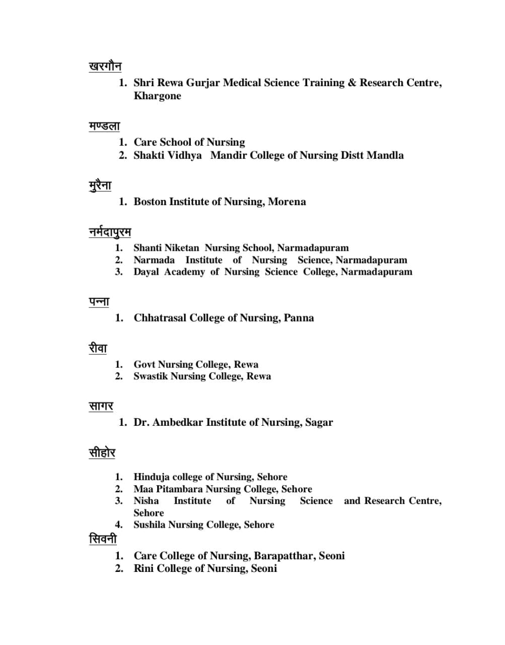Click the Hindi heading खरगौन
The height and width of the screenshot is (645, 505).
coord(105,67)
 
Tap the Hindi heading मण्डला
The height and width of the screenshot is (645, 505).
coord(104,126)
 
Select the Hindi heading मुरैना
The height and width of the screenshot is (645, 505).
coord(100,185)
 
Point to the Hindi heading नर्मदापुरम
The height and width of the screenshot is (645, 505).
coord(110,232)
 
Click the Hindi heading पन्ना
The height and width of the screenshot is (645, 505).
coord(99,302)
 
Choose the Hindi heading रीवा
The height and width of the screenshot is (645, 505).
coord(98,348)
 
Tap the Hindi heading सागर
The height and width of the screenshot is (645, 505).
coord(101,406)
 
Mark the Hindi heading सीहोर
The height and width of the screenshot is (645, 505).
coord(102,453)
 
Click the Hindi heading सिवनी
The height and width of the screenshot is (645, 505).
coord(103,539)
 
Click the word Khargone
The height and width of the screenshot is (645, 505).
coord(157,96)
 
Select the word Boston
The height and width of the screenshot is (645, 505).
coord(150,202)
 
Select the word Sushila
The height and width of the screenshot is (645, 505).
coord(150,525)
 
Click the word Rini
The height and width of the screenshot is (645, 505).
coord(143,568)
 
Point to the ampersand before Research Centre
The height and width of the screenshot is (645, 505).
coord(351,83)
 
